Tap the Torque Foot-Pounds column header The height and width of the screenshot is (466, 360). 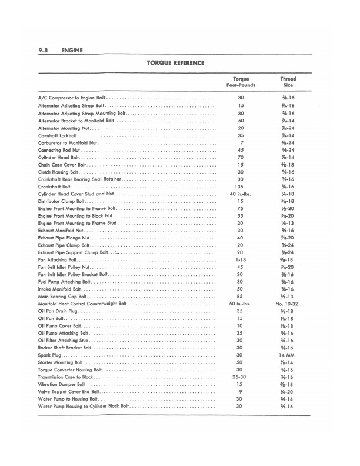click(240, 82)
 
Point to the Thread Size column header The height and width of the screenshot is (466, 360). click(288, 82)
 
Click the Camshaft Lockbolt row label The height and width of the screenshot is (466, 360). click(56, 135)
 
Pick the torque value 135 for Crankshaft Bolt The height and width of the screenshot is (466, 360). click(240, 187)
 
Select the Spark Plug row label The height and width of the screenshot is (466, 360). click(49, 355)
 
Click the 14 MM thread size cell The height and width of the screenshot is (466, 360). click(288, 355)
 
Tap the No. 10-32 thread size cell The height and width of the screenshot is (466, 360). click(288, 303)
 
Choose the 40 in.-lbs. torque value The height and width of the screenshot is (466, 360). click(240, 193)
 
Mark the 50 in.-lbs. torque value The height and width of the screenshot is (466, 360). click(240, 303)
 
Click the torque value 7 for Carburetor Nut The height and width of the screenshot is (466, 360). click(240, 142)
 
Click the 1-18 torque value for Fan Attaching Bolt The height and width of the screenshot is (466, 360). click(240, 259)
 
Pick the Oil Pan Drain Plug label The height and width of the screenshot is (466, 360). click(58, 310)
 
